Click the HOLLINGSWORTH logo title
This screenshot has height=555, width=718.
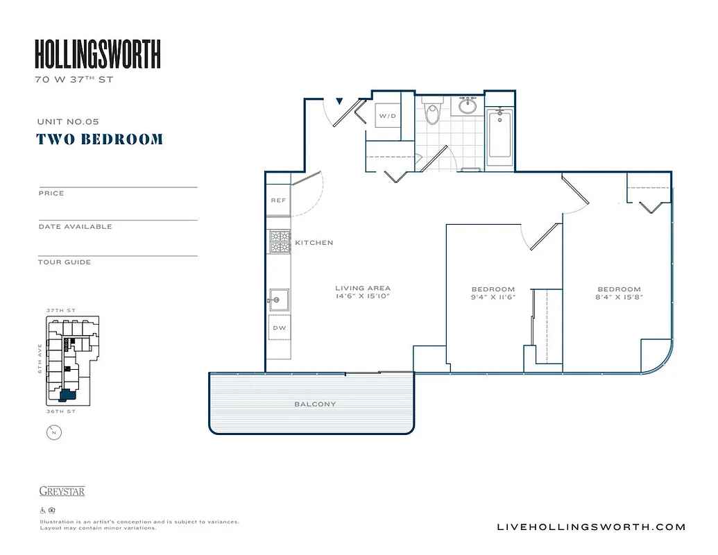(98, 54)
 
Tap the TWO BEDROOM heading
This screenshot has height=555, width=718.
(100, 139)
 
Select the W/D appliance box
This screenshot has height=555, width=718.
(387, 116)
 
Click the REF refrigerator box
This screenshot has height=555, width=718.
(278, 200)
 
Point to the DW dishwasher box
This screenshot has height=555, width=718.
(279, 327)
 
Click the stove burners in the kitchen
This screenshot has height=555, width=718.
(280, 241)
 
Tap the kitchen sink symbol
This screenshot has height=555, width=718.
(280, 300)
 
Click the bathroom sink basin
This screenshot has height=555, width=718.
(468, 106)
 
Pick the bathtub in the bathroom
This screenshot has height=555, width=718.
(499, 137)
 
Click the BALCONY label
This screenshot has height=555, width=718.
(316, 404)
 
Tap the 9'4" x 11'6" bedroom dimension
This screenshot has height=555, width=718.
(493, 297)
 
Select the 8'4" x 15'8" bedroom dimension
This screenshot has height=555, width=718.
(619, 297)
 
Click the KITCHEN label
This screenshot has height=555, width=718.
(314, 243)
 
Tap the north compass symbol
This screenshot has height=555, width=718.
(53, 433)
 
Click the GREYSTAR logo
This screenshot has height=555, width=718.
(62, 491)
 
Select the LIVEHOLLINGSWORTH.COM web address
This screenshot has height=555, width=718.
(592, 527)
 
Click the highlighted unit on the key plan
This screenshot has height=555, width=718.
(67, 395)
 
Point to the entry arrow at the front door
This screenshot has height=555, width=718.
(339, 102)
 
